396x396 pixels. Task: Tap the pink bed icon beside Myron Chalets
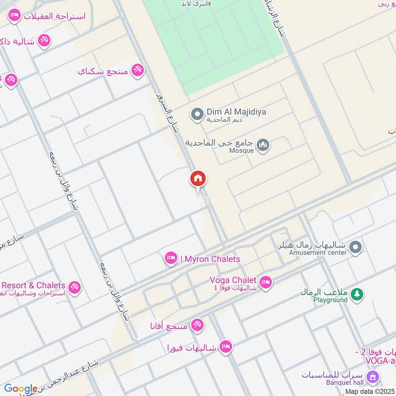(171, 258)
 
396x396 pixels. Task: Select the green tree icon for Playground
(356, 295)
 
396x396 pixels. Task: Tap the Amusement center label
(318, 252)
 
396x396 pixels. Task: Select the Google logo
(20, 389)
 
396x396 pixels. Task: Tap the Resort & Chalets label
(33, 285)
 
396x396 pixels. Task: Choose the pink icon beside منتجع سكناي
(137, 70)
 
